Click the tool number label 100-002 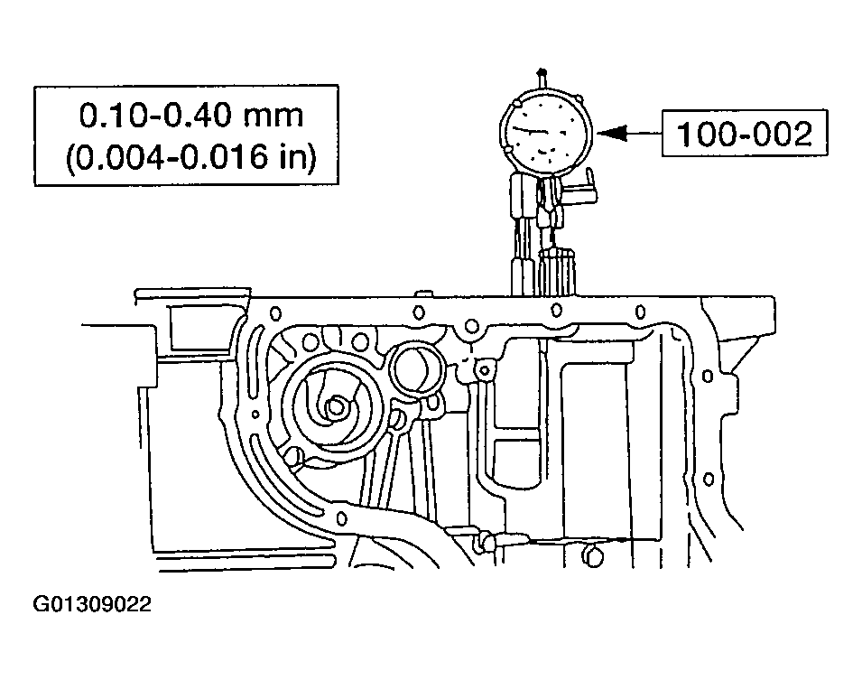744,134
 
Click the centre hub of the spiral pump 337,408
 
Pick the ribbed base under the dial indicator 557,271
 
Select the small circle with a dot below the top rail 484,370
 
